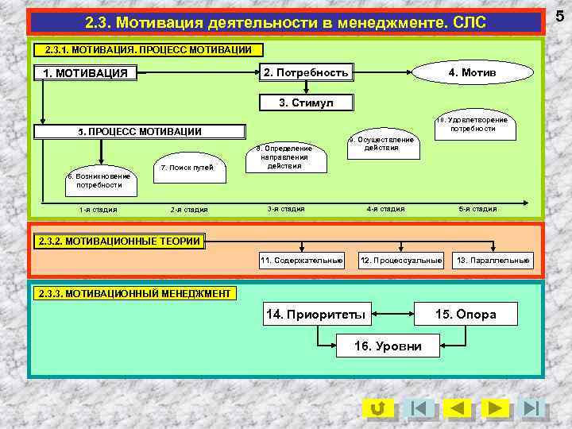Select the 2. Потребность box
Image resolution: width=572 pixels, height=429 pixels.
click(x=306, y=73)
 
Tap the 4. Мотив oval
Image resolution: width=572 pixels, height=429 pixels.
click(x=472, y=73)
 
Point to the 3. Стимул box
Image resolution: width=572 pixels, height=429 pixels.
click(x=306, y=103)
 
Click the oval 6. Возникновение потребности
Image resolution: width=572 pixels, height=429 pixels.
click(x=99, y=180)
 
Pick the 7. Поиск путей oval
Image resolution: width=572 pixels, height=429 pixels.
click(x=187, y=168)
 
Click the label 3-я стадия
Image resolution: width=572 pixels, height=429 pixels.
click(x=286, y=209)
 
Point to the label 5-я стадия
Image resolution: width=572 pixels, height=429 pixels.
click(x=477, y=209)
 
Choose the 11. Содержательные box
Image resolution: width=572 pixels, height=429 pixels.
click(x=302, y=261)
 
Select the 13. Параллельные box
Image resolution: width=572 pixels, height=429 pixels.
click(x=493, y=261)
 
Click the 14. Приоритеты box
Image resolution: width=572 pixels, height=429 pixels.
click(x=316, y=315)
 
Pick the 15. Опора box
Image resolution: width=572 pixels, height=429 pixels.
click(x=466, y=315)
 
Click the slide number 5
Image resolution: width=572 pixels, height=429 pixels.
click(x=559, y=14)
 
